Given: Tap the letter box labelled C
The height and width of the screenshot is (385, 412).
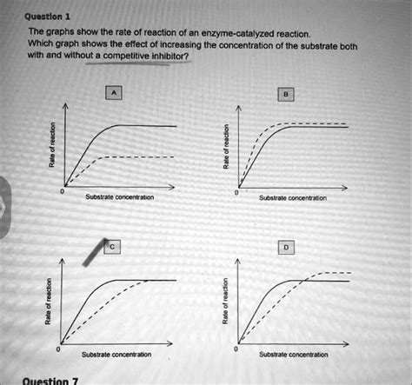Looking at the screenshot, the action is point(112,246).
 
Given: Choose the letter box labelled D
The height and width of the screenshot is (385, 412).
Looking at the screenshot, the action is point(288,246).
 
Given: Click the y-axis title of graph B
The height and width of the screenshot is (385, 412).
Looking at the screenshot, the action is point(227,149).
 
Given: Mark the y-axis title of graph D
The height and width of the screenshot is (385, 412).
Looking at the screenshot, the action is point(227,304).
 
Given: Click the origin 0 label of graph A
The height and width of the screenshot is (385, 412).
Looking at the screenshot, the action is point(61,191).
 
